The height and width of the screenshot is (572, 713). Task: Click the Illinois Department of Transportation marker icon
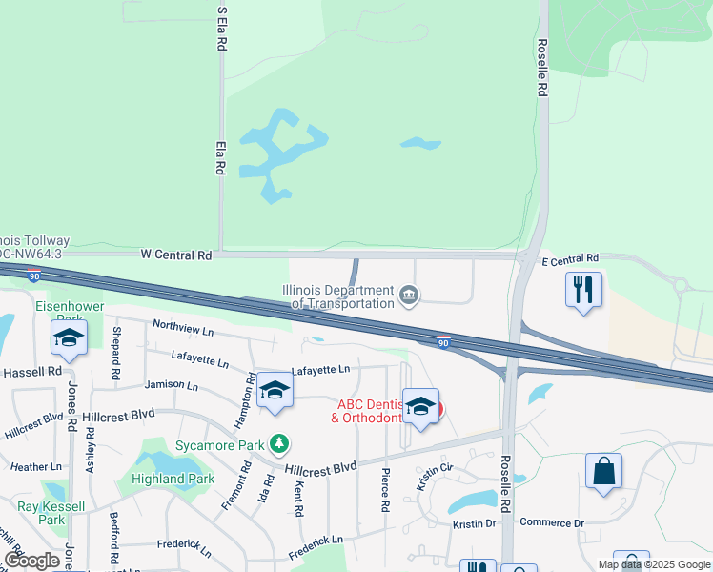point(409,296)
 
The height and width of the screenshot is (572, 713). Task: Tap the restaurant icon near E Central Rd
point(583,289)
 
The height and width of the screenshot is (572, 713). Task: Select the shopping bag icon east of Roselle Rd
point(603,471)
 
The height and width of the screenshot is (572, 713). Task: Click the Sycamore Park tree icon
point(278,444)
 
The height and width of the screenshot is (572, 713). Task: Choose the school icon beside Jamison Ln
point(275,391)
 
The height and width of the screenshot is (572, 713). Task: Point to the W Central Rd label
point(175,255)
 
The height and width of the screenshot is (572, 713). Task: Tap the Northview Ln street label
point(182,328)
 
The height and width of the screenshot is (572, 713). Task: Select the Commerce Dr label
point(552,522)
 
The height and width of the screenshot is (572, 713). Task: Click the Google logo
point(31,561)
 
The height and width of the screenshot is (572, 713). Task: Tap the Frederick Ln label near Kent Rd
point(316,546)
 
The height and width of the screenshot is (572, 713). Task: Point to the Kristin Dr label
point(474,523)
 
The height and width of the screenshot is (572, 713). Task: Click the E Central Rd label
point(569,258)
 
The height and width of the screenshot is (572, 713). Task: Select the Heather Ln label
point(30,467)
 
